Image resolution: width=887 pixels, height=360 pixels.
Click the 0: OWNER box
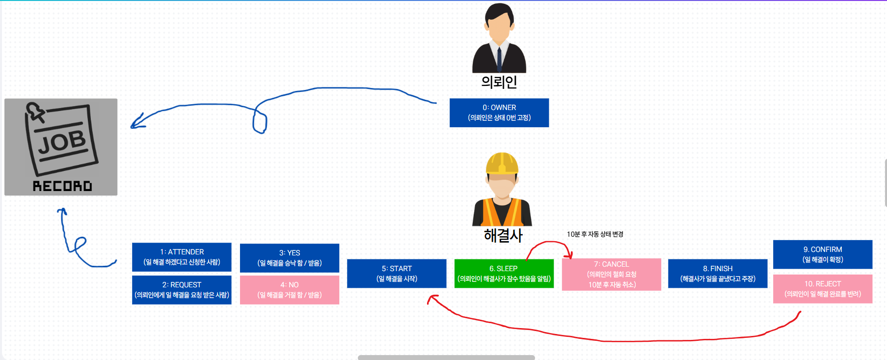click(499, 112)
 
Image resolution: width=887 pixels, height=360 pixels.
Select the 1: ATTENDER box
click(182, 257)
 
